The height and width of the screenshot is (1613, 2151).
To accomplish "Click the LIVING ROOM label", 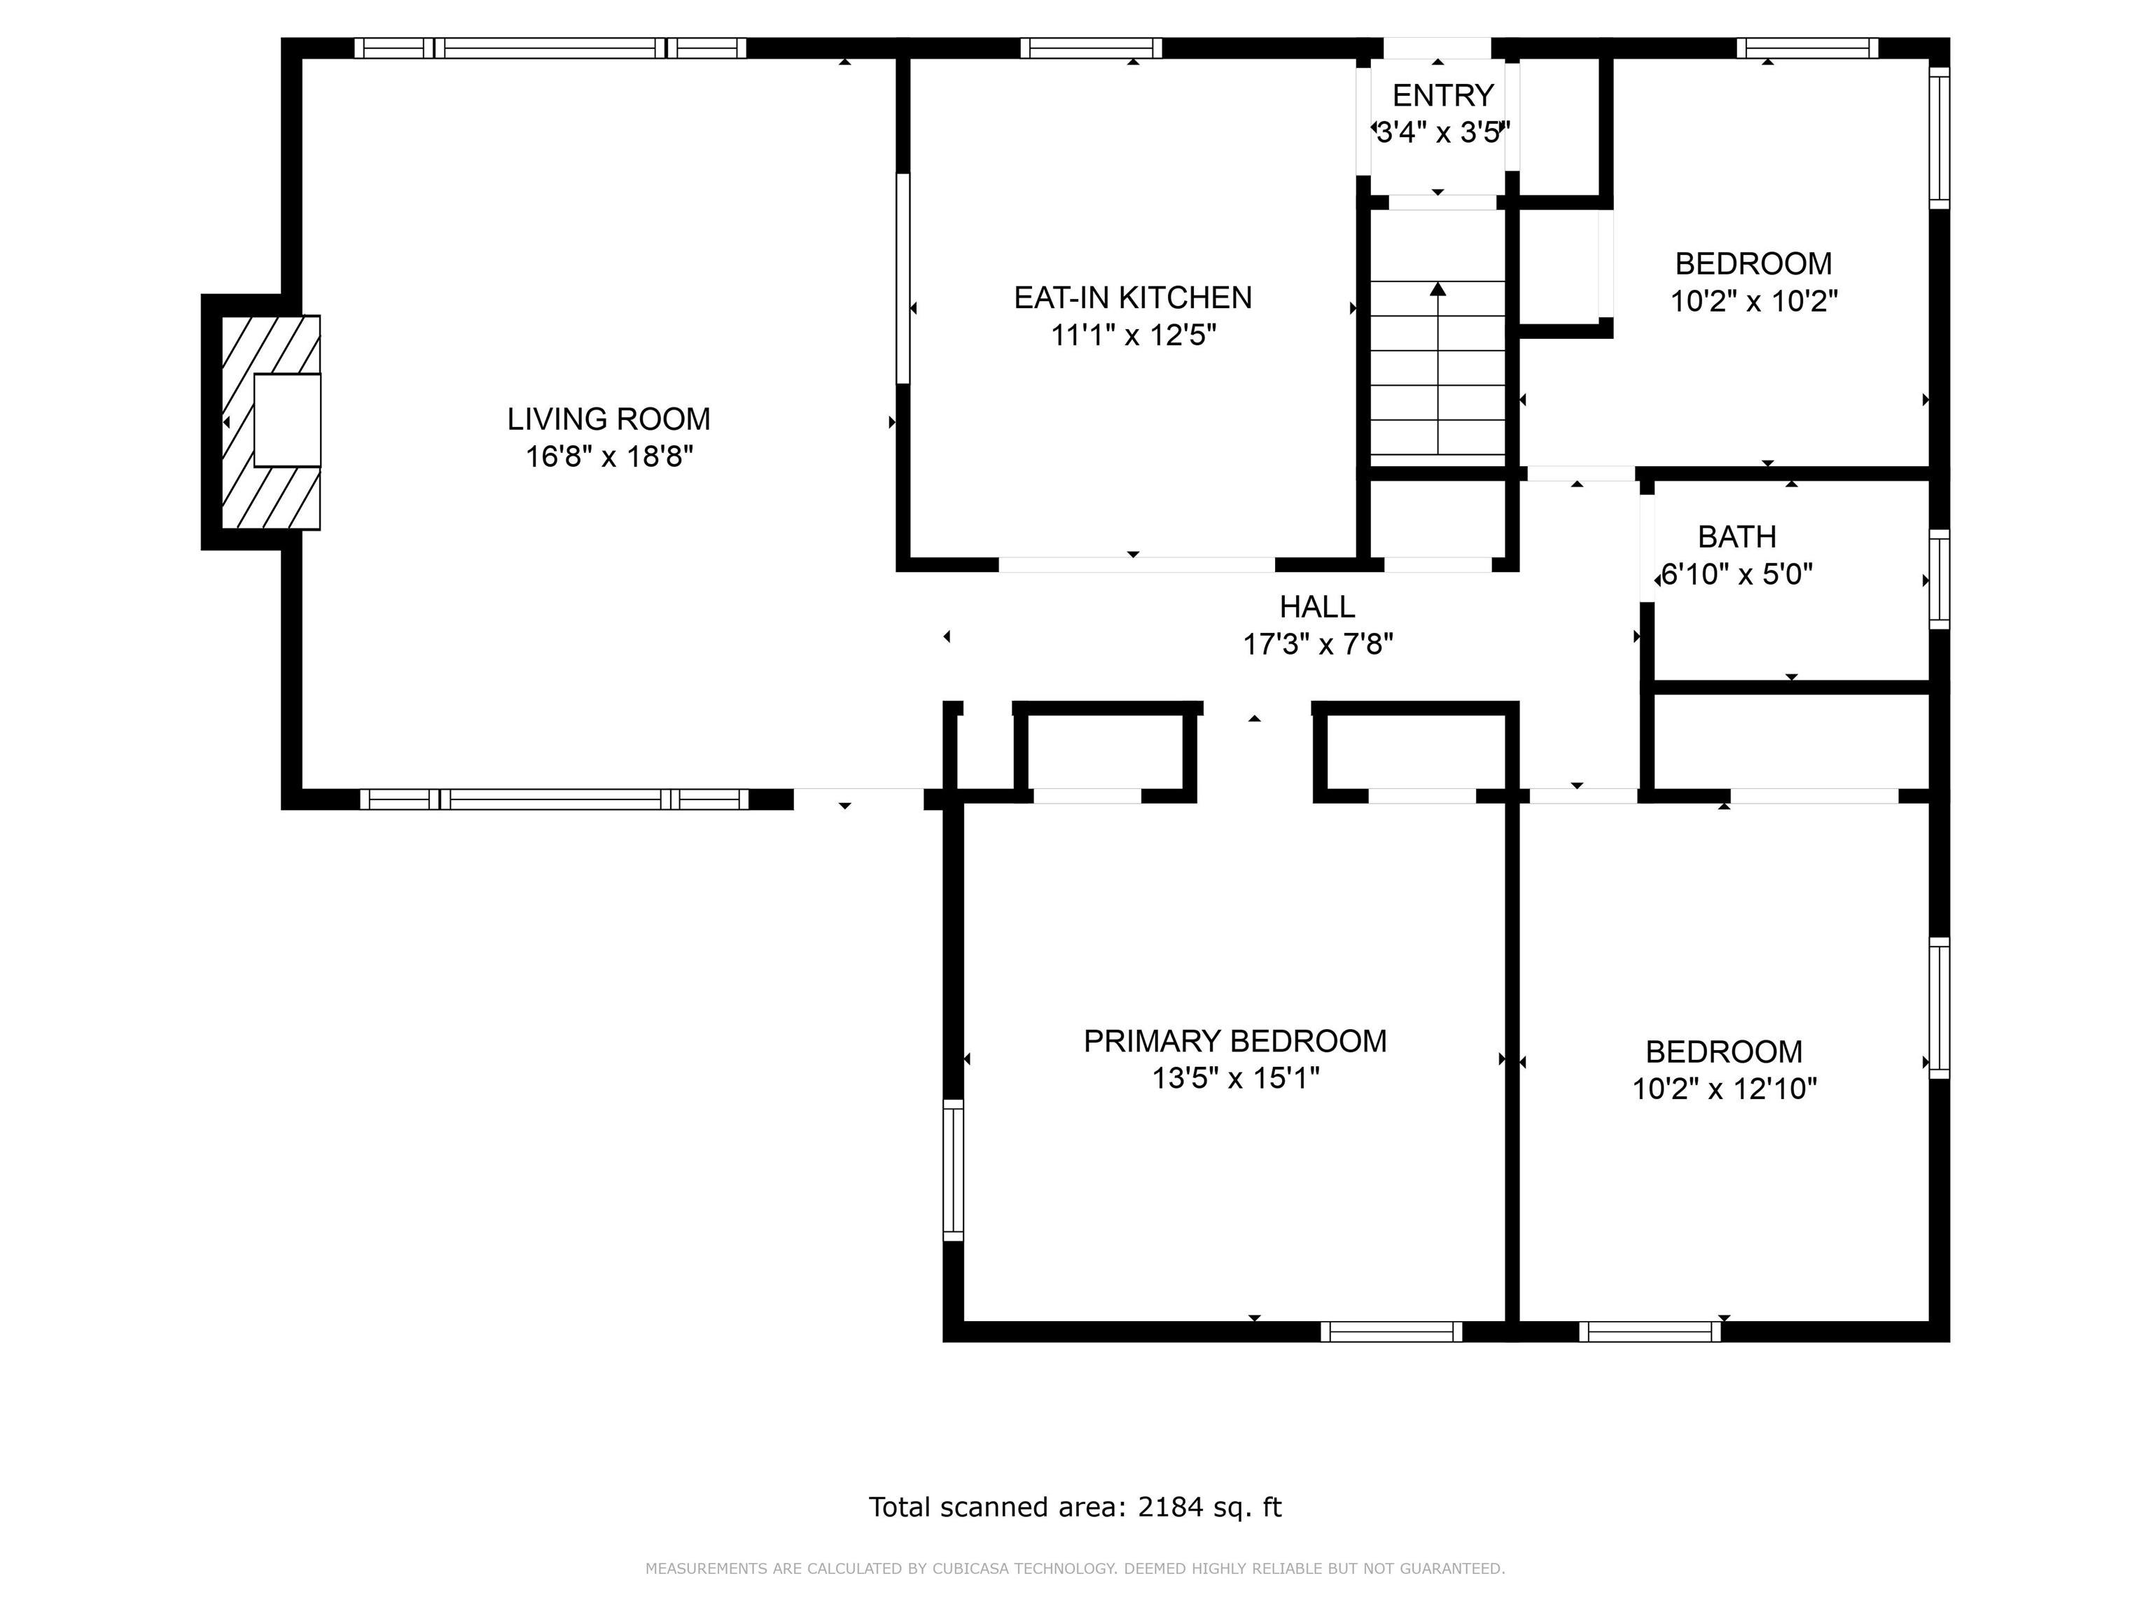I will click(608, 419).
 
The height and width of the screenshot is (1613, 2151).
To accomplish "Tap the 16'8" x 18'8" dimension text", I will click(608, 456).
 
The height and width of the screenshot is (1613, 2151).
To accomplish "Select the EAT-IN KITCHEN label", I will click(1132, 298).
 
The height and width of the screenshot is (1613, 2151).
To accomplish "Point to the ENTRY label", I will click(1442, 95).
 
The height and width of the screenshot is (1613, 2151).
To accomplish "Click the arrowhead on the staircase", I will click(1438, 288).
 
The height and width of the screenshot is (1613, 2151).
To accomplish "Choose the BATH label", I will click(1736, 537).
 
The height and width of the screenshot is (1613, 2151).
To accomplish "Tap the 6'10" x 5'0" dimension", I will click(1736, 575).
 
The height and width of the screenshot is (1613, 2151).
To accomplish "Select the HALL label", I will click(1316, 607).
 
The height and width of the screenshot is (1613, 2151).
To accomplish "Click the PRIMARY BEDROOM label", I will click(1234, 1041).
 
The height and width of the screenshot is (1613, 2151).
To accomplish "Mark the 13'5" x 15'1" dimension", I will click(1234, 1078).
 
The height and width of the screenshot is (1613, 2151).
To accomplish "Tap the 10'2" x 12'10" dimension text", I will click(1723, 1088).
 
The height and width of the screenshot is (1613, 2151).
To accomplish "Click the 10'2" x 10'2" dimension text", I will click(1753, 302).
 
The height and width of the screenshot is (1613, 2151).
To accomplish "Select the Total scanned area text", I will click(1075, 1507).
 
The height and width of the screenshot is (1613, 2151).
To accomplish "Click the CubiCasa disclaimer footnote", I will click(1075, 1568).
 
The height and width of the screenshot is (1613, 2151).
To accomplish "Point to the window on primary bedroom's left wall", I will click(953, 1170).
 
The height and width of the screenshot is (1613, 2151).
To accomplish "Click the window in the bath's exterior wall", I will click(1938, 580).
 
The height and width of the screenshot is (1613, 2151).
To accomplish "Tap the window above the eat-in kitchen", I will click(1090, 48).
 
